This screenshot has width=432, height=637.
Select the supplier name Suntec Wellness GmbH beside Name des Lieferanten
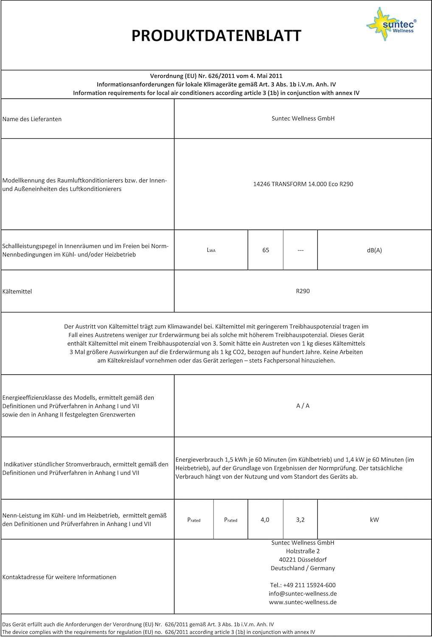click(x=303, y=118)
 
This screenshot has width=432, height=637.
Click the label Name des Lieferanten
click(x=32, y=119)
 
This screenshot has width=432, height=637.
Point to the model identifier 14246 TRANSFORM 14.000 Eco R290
click(x=303, y=184)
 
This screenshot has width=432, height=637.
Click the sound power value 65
click(x=266, y=250)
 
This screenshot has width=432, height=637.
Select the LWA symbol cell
click(x=211, y=250)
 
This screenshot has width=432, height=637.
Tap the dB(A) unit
click(x=374, y=250)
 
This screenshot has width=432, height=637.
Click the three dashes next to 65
click(x=300, y=250)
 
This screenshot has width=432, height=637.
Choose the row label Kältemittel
click(x=17, y=291)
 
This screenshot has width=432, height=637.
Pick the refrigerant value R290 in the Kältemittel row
click(x=303, y=291)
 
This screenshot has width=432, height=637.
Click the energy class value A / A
click(x=303, y=406)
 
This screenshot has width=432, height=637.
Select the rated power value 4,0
click(x=265, y=519)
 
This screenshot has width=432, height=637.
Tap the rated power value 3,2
click(x=300, y=519)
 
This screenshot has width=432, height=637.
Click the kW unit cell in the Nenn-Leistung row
click(x=374, y=519)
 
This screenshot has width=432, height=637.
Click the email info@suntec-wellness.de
click(x=303, y=593)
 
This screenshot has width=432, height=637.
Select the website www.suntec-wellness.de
click(x=303, y=602)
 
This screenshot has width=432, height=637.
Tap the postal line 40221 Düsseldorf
click(x=303, y=559)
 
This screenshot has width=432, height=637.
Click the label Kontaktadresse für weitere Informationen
click(x=59, y=577)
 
